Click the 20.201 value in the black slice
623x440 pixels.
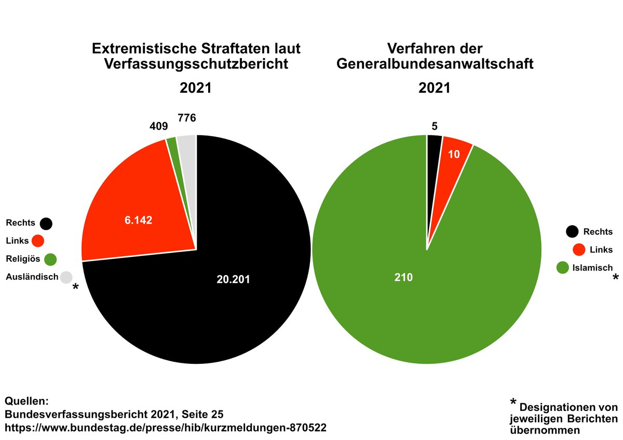(x=233, y=279)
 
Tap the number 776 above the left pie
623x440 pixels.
(x=186, y=118)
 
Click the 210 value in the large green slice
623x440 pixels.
(x=403, y=278)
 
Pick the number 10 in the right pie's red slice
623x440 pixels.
(x=454, y=154)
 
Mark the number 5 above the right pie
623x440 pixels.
(x=435, y=125)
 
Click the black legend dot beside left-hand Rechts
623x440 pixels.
(x=46, y=223)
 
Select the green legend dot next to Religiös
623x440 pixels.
(x=50, y=259)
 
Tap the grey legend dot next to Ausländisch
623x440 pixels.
(x=66, y=277)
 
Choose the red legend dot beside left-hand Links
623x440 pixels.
(x=37, y=241)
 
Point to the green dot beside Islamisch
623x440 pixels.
(x=562, y=267)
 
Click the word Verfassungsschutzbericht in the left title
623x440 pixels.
(x=196, y=64)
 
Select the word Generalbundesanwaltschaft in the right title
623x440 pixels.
(x=435, y=64)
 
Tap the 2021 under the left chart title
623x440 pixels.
(x=196, y=88)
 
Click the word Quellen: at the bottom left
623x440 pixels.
(x=26, y=401)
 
